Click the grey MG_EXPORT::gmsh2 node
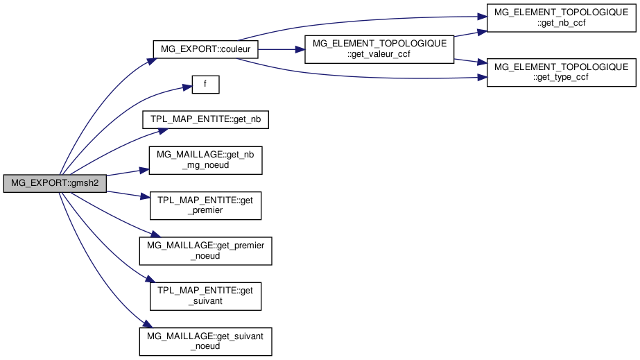(x=55, y=185)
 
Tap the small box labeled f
(x=205, y=85)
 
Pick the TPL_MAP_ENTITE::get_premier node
(x=205, y=205)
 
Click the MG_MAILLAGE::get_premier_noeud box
(x=205, y=250)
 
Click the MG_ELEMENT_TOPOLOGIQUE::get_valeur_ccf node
(x=379, y=50)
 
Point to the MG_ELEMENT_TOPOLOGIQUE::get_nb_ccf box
(x=561, y=17)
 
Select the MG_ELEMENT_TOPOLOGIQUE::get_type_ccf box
(x=561, y=73)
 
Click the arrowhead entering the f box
(x=187, y=87)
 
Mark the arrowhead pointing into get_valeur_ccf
(x=301, y=50)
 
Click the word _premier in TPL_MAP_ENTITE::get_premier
(x=205, y=210)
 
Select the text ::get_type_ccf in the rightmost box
(x=561, y=78)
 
